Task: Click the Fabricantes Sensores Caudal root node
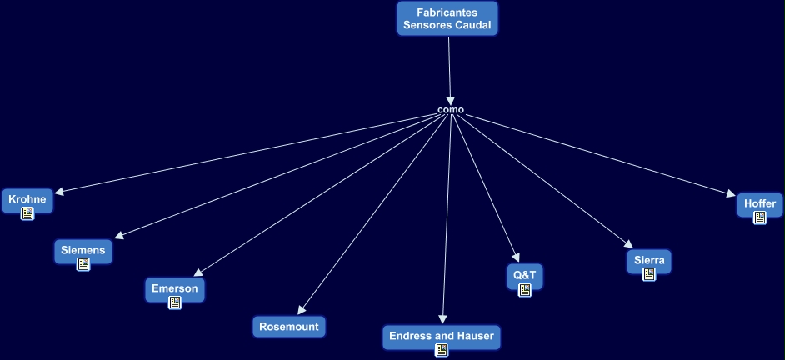[x=447, y=18]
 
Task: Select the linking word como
[x=451, y=110]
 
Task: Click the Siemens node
[x=82, y=249]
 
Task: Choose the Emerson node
[x=175, y=288]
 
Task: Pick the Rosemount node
[x=289, y=327]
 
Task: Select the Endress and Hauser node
[x=442, y=336]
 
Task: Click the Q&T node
[x=525, y=274]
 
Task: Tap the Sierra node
[x=649, y=260]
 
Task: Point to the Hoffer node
[x=760, y=203]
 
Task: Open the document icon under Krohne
[x=27, y=214]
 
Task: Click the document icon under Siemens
[x=82, y=264]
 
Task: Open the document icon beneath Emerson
[x=175, y=302]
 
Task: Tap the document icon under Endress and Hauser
[x=442, y=350]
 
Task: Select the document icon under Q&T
[x=525, y=290]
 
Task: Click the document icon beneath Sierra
[x=649, y=274]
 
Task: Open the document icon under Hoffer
[x=760, y=217]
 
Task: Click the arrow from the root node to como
[x=449, y=71]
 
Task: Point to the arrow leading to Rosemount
[x=375, y=212]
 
